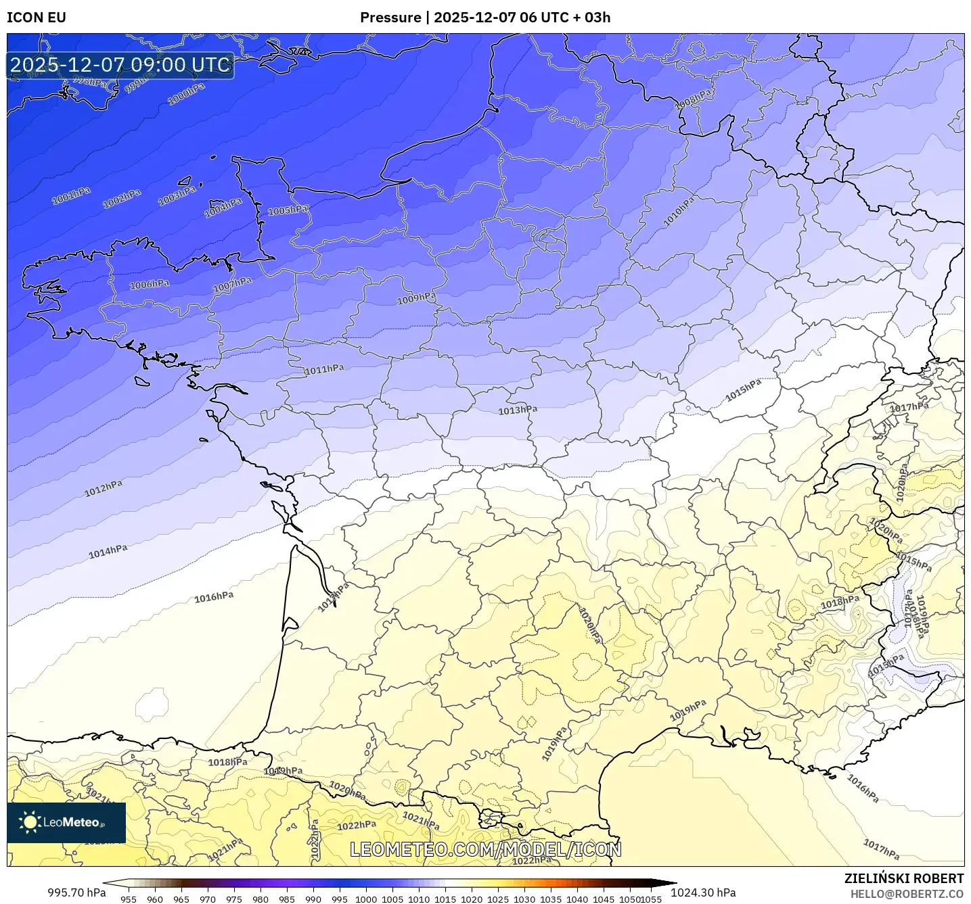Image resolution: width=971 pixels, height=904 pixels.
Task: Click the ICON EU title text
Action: (x=37, y=18)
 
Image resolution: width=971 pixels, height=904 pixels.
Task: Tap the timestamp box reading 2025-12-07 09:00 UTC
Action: (x=120, y=65)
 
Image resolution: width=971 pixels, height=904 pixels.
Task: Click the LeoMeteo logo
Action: (x=66, y=822)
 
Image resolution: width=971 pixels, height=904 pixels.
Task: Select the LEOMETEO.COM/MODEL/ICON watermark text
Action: (x=485, y=849)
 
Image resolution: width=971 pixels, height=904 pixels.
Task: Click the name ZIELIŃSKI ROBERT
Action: (x=903, y=878)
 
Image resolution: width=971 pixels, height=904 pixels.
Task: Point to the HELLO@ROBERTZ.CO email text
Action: (x=906, y=894)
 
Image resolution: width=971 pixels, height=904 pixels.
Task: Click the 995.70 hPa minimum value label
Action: (x=76, y=893)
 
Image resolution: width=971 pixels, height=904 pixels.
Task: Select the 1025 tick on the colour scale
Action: (x=498, y=899)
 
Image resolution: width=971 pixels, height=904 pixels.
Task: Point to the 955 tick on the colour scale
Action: (x=129, y=899)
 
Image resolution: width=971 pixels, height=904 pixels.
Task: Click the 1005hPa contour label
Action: (x=288, y=210)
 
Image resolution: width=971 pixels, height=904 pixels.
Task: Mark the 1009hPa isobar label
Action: (x=416, y=298)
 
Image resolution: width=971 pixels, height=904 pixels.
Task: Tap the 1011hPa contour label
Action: (x=324, y=369)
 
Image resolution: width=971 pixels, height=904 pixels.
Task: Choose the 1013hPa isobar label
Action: (x=518, y=410)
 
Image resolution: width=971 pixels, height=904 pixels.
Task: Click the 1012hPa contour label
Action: (x=104, y=488)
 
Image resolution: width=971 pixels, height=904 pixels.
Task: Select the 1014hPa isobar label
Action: (x=108, y=552)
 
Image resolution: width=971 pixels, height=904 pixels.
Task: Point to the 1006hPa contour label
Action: (x=150, y=285)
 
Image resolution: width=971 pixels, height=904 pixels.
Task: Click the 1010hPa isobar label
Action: (x=679, y=212)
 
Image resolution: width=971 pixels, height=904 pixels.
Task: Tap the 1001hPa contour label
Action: (x=71, y=195)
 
